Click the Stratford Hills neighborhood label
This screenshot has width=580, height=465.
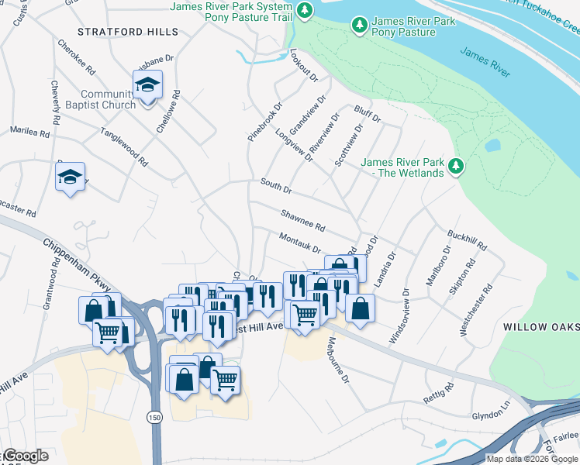[x=128, y=32]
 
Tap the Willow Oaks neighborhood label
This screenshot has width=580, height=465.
[x=540, y=328]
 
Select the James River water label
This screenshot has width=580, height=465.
[x=485, y=62]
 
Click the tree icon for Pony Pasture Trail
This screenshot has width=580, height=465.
[x=306, y=9]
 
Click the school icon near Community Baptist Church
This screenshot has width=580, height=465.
[x=147, y=85]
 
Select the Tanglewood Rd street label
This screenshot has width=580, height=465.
[x=123, y=147]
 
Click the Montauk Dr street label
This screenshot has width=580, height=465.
[x=299, y=242]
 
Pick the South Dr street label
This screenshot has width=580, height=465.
[x=275, y=187]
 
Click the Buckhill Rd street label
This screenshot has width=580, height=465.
[x=468, y=239]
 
